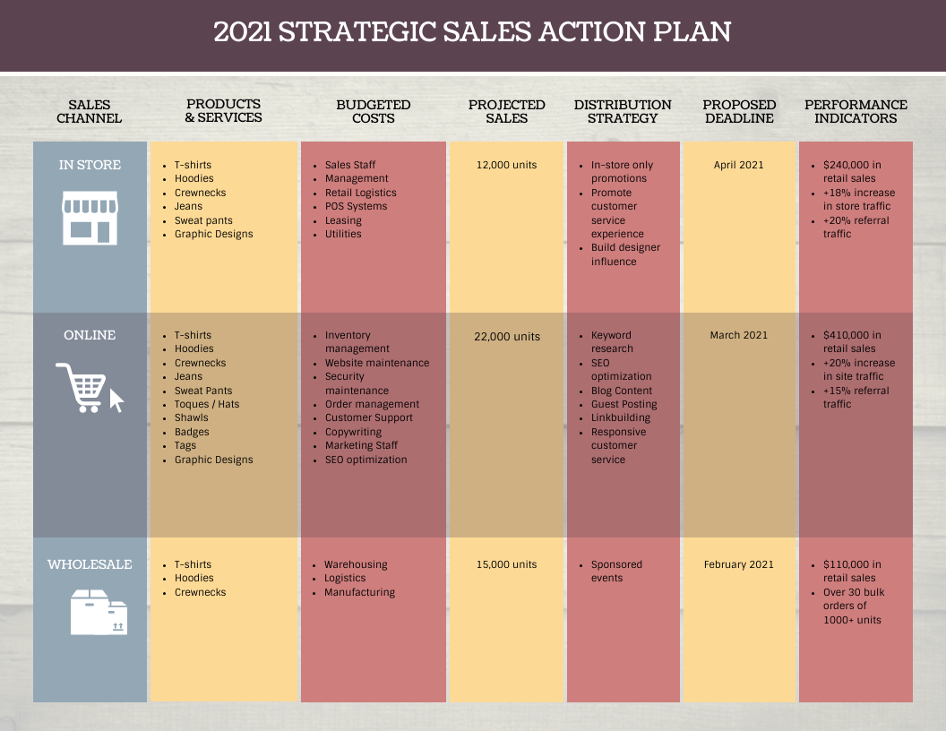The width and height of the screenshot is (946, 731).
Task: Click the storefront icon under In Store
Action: coord(90,218)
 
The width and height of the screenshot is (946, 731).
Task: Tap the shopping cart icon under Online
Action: coord(89,388)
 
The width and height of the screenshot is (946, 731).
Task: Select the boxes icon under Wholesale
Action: coord(99,613)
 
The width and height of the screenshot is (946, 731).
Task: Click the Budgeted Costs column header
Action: coord(373,112)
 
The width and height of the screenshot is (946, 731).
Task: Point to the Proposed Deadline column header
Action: coord(739,112)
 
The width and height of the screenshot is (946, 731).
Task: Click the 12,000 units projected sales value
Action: coord(507,165)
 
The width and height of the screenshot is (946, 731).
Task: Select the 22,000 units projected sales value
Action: coord(507,336)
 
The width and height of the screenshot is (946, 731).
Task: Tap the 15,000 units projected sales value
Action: coord(507,564)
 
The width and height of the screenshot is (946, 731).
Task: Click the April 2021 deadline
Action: coord(739,165)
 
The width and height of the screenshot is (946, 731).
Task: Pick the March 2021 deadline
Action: coord(739,335)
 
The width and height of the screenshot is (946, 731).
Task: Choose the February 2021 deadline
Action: coord(739,564)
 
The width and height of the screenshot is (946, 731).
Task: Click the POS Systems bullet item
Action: coord(356,206)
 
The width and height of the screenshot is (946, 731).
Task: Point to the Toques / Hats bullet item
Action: coord(207,404)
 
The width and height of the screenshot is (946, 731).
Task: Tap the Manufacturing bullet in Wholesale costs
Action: coord(359,592)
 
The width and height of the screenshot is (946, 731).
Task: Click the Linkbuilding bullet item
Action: coord(621,417)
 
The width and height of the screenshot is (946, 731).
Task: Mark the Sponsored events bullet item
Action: coord(616,571)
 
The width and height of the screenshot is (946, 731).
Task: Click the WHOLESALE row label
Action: coord(90,564)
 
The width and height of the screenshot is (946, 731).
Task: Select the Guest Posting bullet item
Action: coord(623,404)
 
